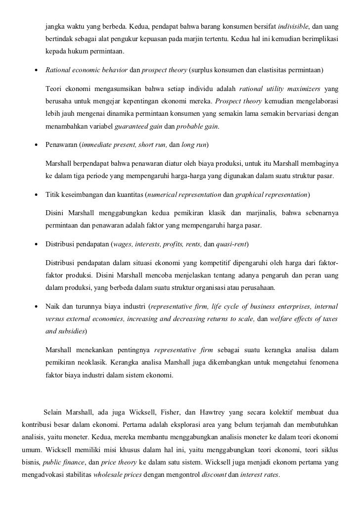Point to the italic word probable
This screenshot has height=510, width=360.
(190, 126)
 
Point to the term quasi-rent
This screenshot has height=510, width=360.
(232, 245)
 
